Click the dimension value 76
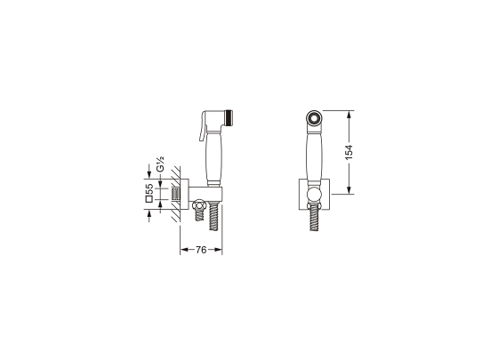[200, 250]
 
